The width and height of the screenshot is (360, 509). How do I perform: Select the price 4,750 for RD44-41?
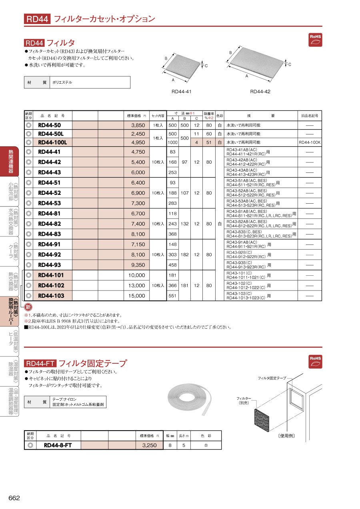point(138,152)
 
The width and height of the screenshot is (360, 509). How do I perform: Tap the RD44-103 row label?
point(51,296)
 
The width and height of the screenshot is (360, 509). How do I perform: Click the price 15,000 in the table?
point(136,296)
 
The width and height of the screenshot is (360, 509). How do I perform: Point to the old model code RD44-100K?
point(309,142)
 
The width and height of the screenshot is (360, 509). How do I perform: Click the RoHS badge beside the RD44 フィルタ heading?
point(315,40)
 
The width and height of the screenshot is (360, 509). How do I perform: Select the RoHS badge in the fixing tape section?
point(315,361)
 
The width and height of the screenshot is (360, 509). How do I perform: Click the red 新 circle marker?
point(28,307)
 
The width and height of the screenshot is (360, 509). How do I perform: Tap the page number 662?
point(14,498)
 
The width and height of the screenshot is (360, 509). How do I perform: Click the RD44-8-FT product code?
point(58,445)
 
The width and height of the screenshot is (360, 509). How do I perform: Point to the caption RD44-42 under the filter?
point(260,92)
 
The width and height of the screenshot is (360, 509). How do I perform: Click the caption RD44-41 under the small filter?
point(182,92)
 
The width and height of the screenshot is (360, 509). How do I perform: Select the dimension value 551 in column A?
point(173,296)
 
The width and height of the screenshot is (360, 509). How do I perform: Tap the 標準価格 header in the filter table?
point(136,116)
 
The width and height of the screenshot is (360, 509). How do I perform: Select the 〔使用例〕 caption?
point(286,435)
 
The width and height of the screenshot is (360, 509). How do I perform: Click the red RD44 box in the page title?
point(37,19)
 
